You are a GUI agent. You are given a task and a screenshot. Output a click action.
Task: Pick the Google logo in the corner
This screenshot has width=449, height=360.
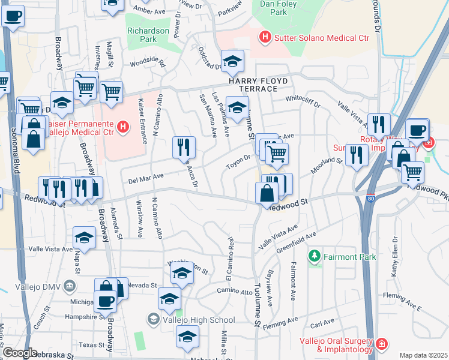point(20,352)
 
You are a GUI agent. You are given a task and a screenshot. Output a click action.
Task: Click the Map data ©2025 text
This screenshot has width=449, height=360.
point(423,355)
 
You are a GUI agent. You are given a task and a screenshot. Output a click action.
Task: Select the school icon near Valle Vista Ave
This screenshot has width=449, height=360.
point(85,237)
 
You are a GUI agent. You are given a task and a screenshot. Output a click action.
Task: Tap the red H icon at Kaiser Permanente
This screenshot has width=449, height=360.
point(123,127)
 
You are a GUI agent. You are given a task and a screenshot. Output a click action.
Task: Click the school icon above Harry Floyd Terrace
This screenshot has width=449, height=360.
point(232,60)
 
